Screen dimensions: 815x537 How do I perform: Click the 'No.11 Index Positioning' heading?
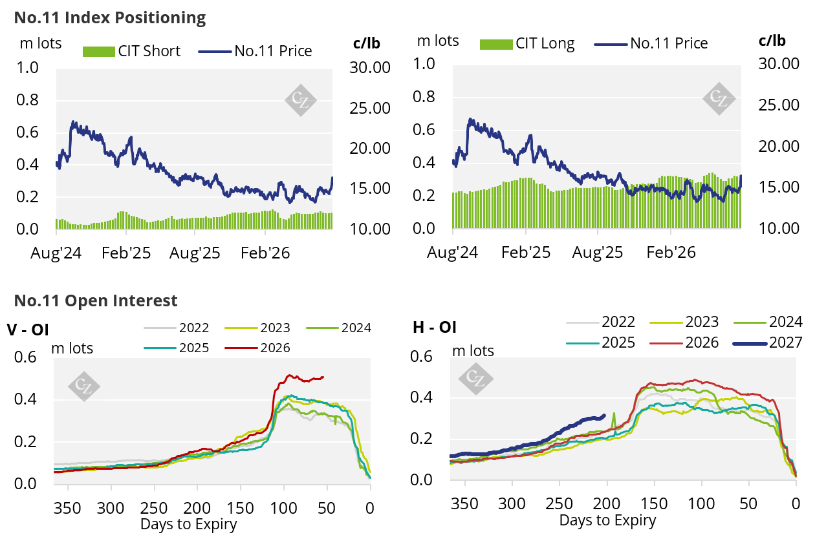(110, 18)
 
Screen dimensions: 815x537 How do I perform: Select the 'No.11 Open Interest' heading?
(96, 300)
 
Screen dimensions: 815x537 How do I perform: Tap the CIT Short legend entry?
(132, 51)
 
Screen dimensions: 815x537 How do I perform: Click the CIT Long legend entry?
(527, 44)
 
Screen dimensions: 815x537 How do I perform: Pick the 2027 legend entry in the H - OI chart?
(767, 342)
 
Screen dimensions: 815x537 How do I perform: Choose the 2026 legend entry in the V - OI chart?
(257, 348)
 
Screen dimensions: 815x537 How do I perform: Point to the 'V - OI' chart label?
(28, 330)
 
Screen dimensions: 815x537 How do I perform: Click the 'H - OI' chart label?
(435, 327)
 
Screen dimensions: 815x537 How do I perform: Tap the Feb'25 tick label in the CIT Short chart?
(126, 253)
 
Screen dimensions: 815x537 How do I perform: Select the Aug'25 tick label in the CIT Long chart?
(598, 252)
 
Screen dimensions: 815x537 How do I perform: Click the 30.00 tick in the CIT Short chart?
(370, 68)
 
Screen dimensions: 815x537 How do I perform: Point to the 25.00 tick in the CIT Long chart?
(779, 105)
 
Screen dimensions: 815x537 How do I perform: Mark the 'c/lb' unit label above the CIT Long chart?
(772, 41)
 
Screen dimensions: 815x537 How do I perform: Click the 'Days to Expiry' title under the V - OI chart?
(188, 524)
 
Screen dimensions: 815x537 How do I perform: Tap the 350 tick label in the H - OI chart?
(464, 504)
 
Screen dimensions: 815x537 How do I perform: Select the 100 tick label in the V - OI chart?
(283, 508)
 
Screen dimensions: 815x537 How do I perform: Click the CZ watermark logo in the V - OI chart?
(84, 386)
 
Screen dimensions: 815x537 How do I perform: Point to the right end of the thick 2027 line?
(605, 416)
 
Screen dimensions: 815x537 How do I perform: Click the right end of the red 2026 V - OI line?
(323, 377)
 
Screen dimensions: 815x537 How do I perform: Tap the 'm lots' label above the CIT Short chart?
(41, 43)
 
